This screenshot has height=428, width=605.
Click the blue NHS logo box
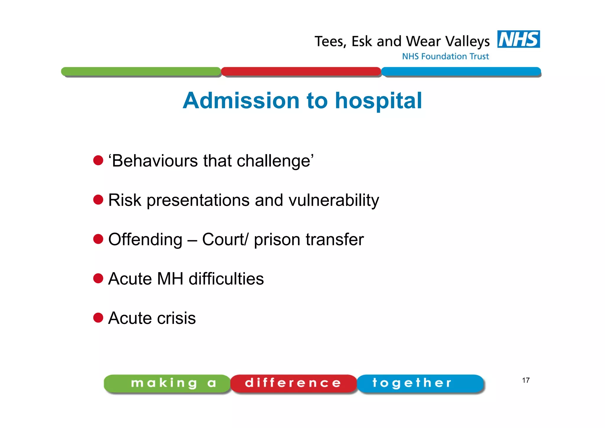coord(518,39)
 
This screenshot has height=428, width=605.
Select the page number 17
coord(526,380)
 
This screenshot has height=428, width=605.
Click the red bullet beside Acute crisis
coord(98,318)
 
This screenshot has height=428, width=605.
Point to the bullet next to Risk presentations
coord(98,200)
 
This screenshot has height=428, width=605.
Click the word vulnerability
coord(334,200)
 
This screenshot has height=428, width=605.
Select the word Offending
coord(145,240)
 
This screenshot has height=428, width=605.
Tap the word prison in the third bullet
coord(277,240)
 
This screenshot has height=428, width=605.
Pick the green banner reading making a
coord(167,383)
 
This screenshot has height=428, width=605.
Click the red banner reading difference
coord(293,383)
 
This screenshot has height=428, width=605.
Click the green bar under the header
coord(141,72)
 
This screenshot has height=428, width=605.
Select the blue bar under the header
coord(461,72)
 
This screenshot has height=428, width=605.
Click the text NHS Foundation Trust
coord(445,56)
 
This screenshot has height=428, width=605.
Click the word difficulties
coord(226,279)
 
